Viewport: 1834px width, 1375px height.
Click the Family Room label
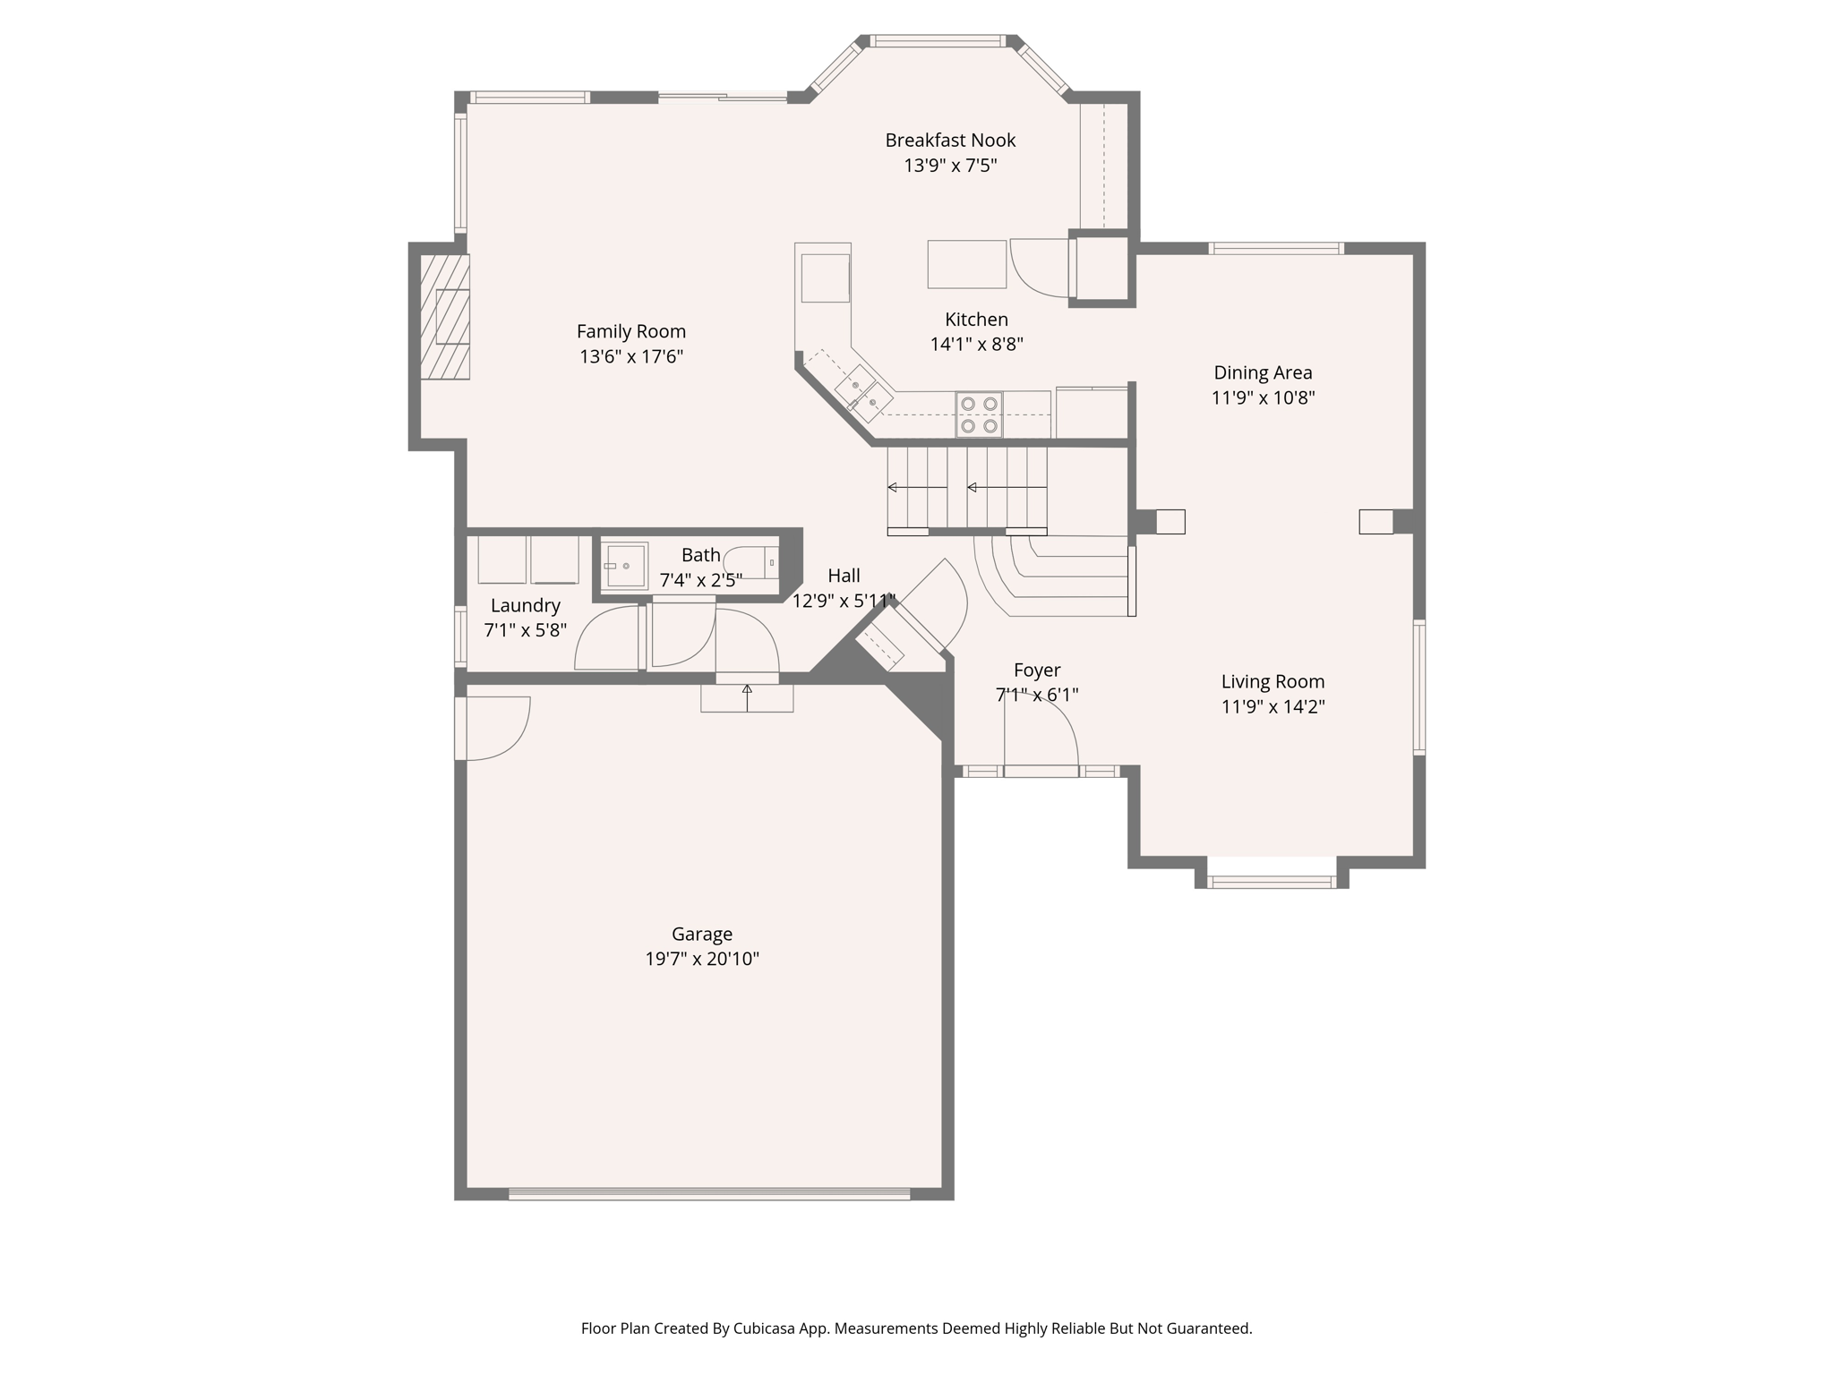click(x=630, y=331)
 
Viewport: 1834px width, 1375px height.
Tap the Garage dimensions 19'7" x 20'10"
click(x=702, y=959)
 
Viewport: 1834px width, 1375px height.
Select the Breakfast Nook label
click(x=950, y=141)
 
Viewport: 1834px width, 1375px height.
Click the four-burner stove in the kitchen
click(x=979, y=415)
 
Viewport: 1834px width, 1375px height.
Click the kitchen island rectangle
click(x=966, y=264)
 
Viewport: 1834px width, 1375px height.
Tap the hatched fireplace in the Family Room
click(x=446, y=317)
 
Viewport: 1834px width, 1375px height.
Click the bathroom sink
click(x=624, y=566)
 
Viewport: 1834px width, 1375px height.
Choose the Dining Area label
click(x=1263, y=372)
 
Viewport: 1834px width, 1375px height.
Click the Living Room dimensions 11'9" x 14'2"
click(x=1273, y=706)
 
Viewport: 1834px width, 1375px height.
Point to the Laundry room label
click(x=526, y=605)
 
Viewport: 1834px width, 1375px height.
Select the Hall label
click(x=844, y=576)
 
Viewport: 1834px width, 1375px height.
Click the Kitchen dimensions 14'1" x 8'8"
click(x=976, y=344)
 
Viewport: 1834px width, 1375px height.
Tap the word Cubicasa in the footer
click(x=766, y=1328)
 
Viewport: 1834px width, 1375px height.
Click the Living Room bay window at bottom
click(x=1271, y=882)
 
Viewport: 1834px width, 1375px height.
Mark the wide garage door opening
click(x=709, y=1193)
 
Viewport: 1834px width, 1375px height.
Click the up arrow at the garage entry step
click(x=747, y=690)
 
